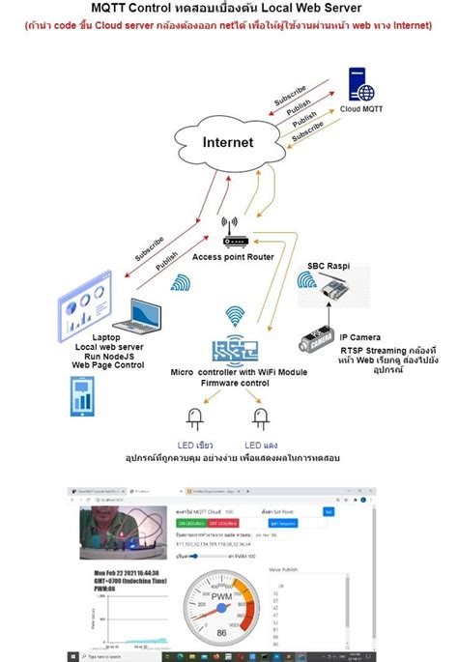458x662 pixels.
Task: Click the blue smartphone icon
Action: (83, 397)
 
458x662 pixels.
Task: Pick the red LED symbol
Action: (260, 419)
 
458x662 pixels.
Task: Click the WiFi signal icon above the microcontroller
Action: (234, 317)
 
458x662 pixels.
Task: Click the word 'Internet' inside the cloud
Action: (228, 143)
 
